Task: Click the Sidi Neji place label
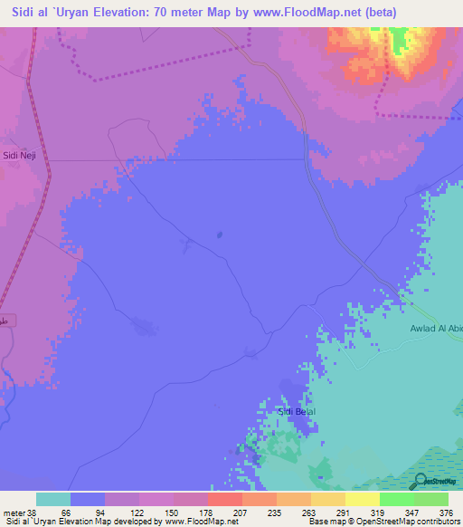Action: point(18,155)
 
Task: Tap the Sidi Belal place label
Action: point(296,411)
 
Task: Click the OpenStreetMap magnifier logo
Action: point(420,480)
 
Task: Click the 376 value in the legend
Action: point(446,512)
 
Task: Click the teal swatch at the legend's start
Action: point(53,499)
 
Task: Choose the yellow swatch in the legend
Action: point(362,499)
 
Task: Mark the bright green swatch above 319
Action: point(396,499)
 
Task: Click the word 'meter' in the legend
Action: point(15,512)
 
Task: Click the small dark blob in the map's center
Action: point(220,235)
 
